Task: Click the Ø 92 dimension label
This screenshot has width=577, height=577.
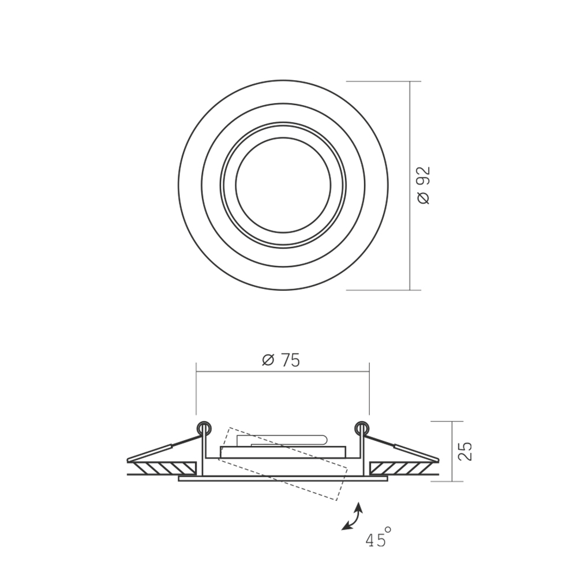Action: click(424, 185)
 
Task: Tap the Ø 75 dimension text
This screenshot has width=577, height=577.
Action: click(281, 360)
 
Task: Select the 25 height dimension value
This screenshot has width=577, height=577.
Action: click(465, 451)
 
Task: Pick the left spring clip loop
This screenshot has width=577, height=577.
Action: click(204, 428)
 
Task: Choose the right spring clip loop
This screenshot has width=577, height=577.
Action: click(361, 428)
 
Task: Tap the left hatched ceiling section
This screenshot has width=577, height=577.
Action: click(164, 468)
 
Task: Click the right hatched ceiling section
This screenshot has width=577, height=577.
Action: click(401, 468)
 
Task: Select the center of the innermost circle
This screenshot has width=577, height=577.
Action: click(283, 185)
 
